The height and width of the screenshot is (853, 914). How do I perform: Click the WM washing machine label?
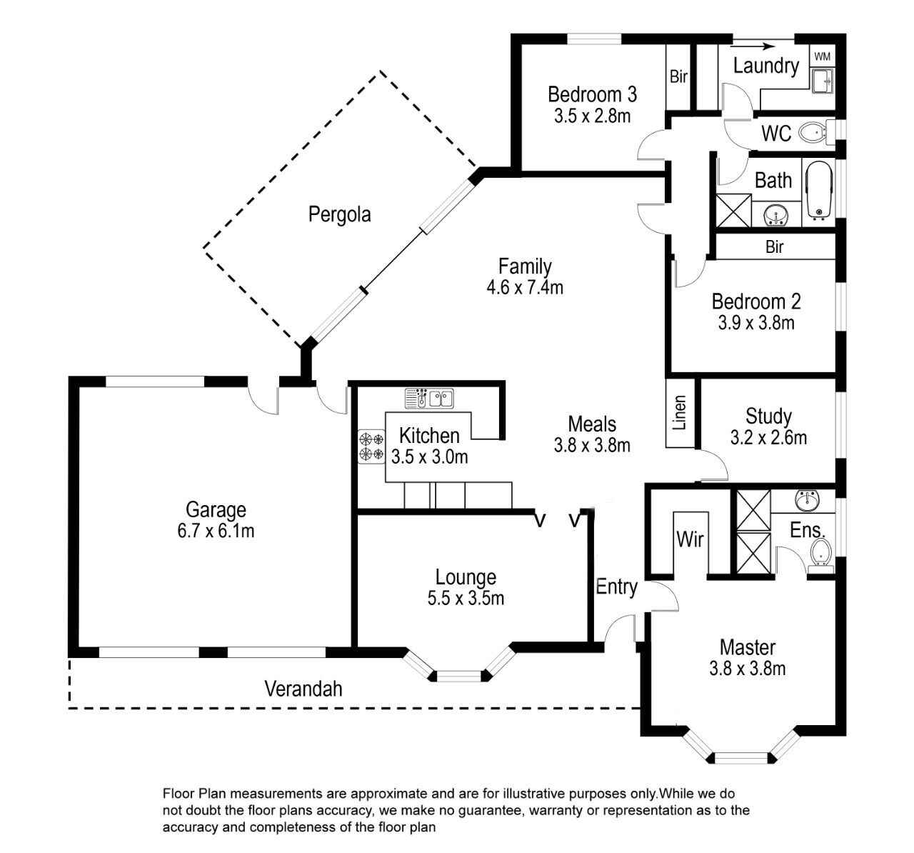(823, 56)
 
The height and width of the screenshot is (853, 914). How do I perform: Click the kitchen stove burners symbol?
(371, 447)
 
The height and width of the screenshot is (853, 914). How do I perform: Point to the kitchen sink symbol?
(429, 399)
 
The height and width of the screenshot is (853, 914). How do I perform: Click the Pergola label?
(340, 214)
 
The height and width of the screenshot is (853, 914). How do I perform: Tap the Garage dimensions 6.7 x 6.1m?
(216, 531)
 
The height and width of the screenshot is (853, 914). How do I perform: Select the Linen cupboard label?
(680, 413)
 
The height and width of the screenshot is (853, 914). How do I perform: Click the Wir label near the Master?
(690, 539)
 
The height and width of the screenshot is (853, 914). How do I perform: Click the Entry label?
(616, 587)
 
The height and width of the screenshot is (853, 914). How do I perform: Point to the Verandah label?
(303, 689)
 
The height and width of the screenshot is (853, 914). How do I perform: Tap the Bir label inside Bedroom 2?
(775, 247)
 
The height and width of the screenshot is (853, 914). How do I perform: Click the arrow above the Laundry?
(752, 46)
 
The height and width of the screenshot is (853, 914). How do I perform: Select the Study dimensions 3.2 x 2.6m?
(768, 437)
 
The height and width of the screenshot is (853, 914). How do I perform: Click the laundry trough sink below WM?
(823, 81)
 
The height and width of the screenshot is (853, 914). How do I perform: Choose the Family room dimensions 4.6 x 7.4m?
(525, 287)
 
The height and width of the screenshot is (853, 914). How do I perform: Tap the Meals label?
(592, 424)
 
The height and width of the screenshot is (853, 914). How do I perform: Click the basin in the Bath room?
(775, 216)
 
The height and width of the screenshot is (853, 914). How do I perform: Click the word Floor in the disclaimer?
(179, 794)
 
